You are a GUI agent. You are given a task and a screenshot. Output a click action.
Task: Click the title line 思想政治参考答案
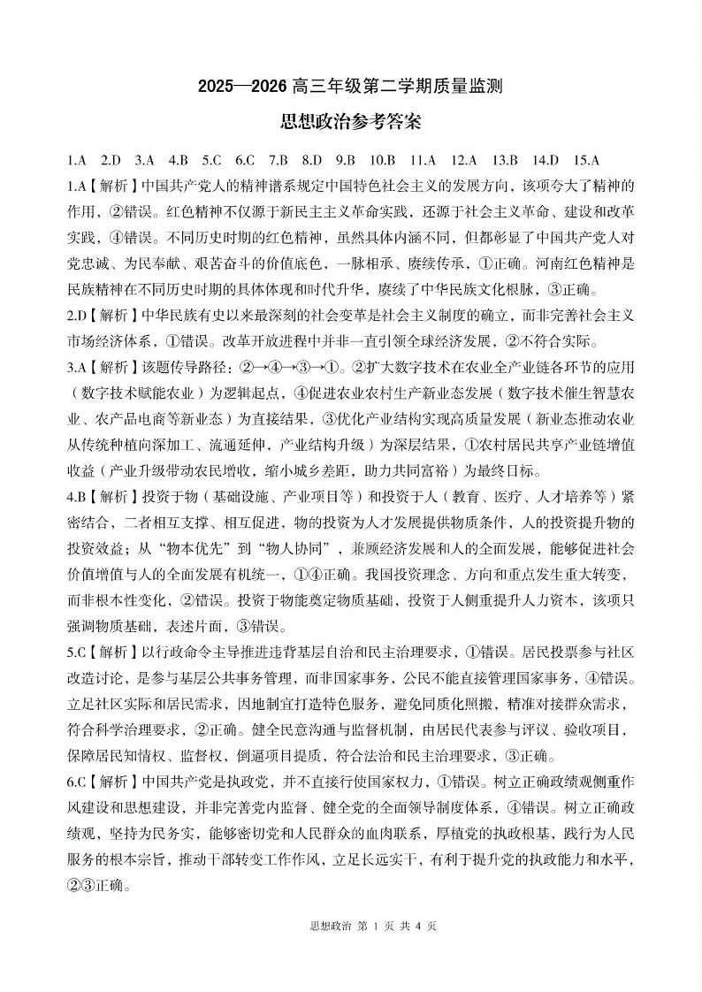350,123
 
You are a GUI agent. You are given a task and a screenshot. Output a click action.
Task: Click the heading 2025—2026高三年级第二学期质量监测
350,88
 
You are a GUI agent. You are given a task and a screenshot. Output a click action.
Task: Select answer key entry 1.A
77,160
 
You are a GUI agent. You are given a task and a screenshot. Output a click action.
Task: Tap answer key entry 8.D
312,160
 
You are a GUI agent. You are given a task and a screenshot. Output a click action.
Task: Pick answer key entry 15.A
586,160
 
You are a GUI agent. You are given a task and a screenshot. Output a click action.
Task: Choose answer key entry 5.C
211,160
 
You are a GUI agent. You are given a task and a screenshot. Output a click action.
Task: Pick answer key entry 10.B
383,160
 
